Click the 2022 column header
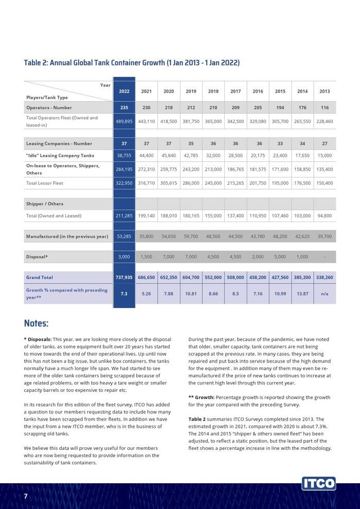tap(124, 92)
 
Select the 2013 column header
tap(325, 92)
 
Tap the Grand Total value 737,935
tap(124, 277)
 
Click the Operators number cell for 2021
tap(147, 107)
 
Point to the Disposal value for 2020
tap(169, 256)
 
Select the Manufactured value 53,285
tap(124, 237)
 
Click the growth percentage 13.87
tap(302, 294)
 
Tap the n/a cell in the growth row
tap(325, 294)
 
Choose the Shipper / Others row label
tap(45, 204)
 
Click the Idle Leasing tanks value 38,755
tap(124, 155)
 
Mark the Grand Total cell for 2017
tap(236, 277)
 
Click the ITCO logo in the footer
tap(319, 483)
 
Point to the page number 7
tap(26, 497)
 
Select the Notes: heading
tap(36, 323)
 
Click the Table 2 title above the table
tap(132, 63)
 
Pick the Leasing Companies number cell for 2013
tap(325, 143)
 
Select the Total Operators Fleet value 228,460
tap(325, 121)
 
